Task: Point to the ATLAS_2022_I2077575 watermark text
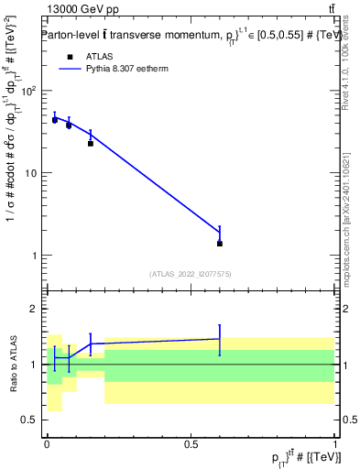coord(191,274)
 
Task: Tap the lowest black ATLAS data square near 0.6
coord(220,244)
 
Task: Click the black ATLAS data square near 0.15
coord(91,144)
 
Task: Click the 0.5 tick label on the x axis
coord(191,443)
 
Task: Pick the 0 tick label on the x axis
coord(47,443)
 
